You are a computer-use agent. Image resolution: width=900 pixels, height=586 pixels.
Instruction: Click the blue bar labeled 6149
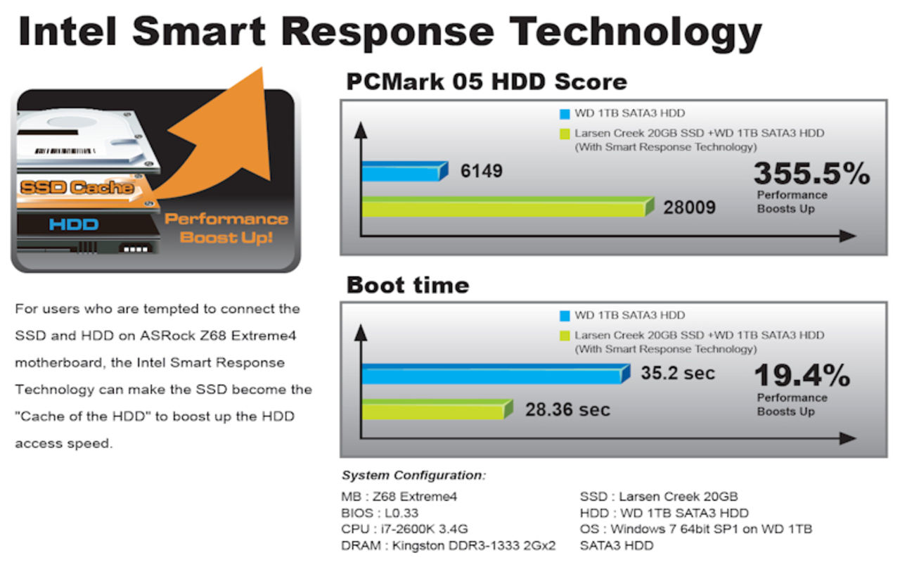405,171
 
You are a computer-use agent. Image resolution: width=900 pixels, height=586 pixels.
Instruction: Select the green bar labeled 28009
508,207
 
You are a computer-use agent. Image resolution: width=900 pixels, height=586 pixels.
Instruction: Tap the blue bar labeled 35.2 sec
496,374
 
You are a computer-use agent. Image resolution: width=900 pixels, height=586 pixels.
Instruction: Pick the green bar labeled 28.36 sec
437,409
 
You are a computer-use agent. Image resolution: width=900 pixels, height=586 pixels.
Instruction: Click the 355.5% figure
811,174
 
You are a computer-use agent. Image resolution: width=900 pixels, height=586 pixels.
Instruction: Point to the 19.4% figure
802,376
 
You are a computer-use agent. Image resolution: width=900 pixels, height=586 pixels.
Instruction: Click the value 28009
690,208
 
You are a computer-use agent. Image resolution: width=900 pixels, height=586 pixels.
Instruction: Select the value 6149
482,171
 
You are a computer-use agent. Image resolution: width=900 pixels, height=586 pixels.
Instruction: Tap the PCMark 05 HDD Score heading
487,82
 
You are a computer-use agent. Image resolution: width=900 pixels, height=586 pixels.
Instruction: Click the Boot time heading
408,285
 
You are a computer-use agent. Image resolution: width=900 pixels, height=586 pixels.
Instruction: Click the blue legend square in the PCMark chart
565,114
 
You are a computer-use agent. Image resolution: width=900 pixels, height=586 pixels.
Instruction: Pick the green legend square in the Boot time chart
565,336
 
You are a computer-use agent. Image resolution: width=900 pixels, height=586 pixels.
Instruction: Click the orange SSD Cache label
77,187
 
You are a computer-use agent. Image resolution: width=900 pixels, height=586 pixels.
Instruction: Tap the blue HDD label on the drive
74,224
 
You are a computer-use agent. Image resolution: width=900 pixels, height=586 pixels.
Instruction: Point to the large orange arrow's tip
262,68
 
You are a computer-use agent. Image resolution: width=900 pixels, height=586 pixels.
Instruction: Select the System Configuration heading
413,475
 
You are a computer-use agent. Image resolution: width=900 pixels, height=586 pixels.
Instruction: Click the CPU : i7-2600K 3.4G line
404,529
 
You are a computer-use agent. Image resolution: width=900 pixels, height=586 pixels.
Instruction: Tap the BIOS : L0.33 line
380,513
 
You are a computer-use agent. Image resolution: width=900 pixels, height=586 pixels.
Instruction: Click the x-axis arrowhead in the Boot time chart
848,438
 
